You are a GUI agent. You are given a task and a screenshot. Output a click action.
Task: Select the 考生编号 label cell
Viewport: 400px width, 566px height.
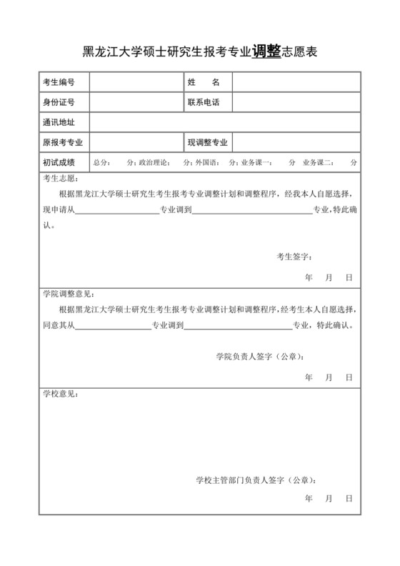(x=59, y=83)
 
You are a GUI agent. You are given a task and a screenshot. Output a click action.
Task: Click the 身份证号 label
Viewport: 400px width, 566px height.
(x=59, y=103)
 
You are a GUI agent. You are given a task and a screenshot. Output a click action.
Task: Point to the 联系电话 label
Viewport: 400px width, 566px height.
(x=204, y=103)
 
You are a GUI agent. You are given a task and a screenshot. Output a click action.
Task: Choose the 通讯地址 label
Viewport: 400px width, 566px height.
(x=59, y=123)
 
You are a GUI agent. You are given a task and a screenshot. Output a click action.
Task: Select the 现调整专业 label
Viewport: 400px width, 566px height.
(x=208, y=143)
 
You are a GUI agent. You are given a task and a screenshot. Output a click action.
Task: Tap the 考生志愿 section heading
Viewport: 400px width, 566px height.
(x=61, y=179)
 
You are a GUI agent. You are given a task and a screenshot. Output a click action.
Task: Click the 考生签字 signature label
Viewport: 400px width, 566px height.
(x=294, y=256)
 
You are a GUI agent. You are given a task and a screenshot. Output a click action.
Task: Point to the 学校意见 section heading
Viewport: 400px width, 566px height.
(x=61, y=394)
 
